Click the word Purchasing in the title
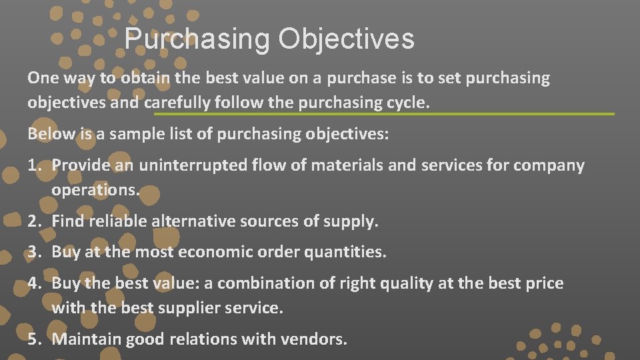click(197, 39)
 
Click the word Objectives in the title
click(346, 39)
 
